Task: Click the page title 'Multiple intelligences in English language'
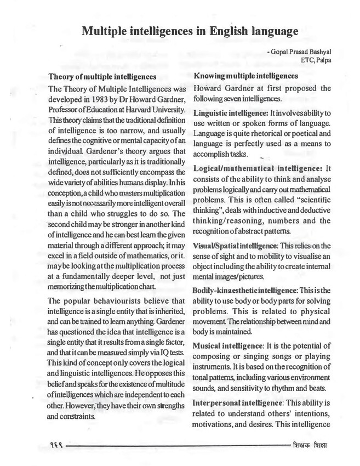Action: [x=190, y=31]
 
